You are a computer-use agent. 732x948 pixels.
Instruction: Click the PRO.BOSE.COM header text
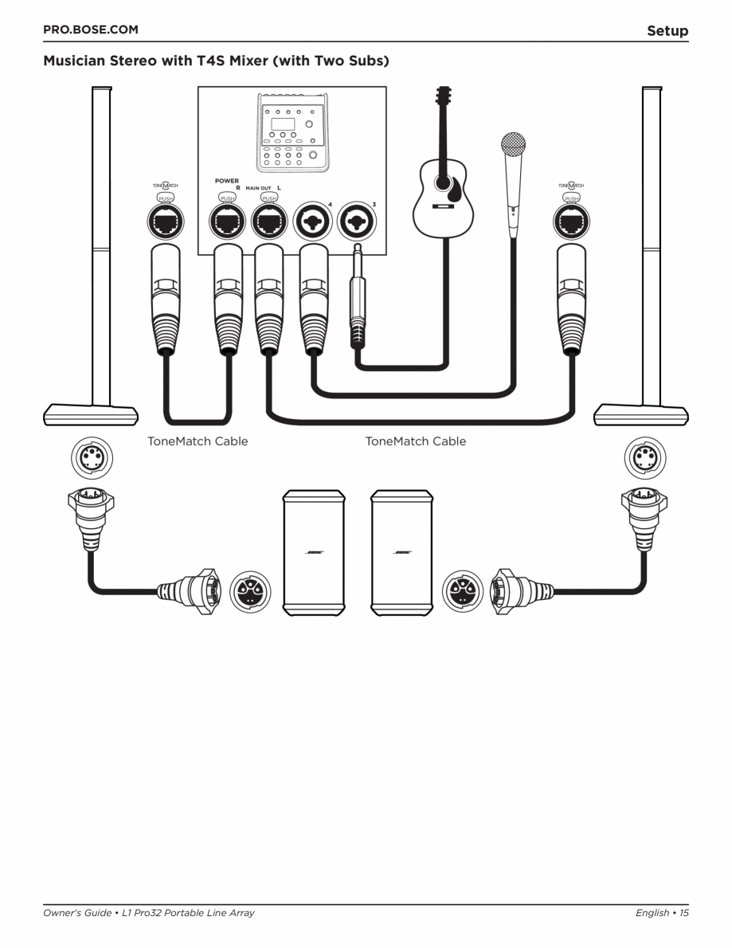(x=90, y=29)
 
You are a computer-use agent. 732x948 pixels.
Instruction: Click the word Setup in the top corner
(x=667, y=31)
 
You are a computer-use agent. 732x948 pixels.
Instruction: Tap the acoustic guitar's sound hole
(x=441, y=182)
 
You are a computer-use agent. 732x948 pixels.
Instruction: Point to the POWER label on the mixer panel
(x=226, y=181)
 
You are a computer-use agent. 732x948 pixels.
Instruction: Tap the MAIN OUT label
(x=258, y=189)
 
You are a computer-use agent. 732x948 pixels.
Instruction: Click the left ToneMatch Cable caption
(x=198, y=441)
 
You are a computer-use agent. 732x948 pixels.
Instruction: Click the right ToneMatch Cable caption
(x=415, y=441)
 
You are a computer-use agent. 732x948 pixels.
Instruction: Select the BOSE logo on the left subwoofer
(x=314, y=553)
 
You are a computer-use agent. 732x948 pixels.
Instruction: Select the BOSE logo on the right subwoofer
(x=402, y=553)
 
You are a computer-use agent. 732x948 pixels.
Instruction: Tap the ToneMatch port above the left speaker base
(x=166, y=221)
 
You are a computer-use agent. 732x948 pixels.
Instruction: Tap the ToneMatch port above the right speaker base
(x=571, y=221)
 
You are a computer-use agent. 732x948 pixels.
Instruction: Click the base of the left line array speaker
(x=89, y=414)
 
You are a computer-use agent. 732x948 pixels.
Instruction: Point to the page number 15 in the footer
(x=683, y=913)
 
